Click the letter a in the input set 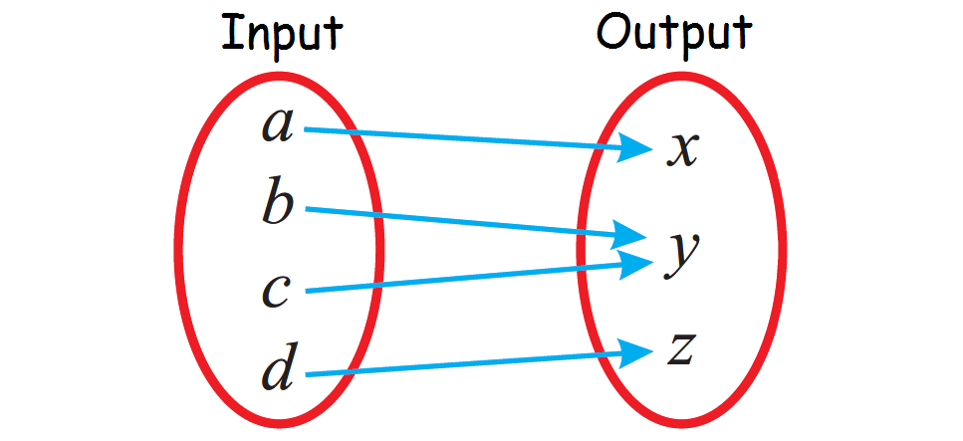click(x=278, y=125)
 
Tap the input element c click(x=276, y=290)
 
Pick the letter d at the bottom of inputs click(x=278, y=368)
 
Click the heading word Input click(x=282, y=34)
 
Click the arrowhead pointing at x click(x=635, y=149)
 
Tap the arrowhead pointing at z click(x=634, y=351)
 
